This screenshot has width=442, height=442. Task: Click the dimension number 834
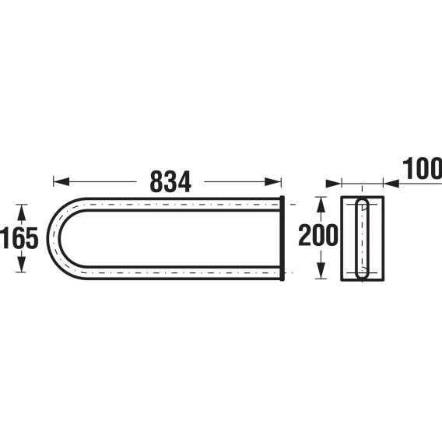click(x=170, y=182)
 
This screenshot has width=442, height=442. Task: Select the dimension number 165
click(x=19, y=238)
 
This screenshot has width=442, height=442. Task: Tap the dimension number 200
click(x=318, y=235)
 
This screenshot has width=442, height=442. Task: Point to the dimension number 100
click(x=422, y=169)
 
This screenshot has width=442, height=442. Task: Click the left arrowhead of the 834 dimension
click(x=61, y=182)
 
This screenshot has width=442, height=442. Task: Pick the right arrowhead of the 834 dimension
click(x=273, y=182)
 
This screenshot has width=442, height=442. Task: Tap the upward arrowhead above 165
click(x=22, y=212)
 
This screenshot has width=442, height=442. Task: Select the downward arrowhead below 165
click(x=22, y=265)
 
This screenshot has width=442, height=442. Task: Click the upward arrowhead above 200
click(x=321, y=205)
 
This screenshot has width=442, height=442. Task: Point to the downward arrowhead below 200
click(x=321, y=271)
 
